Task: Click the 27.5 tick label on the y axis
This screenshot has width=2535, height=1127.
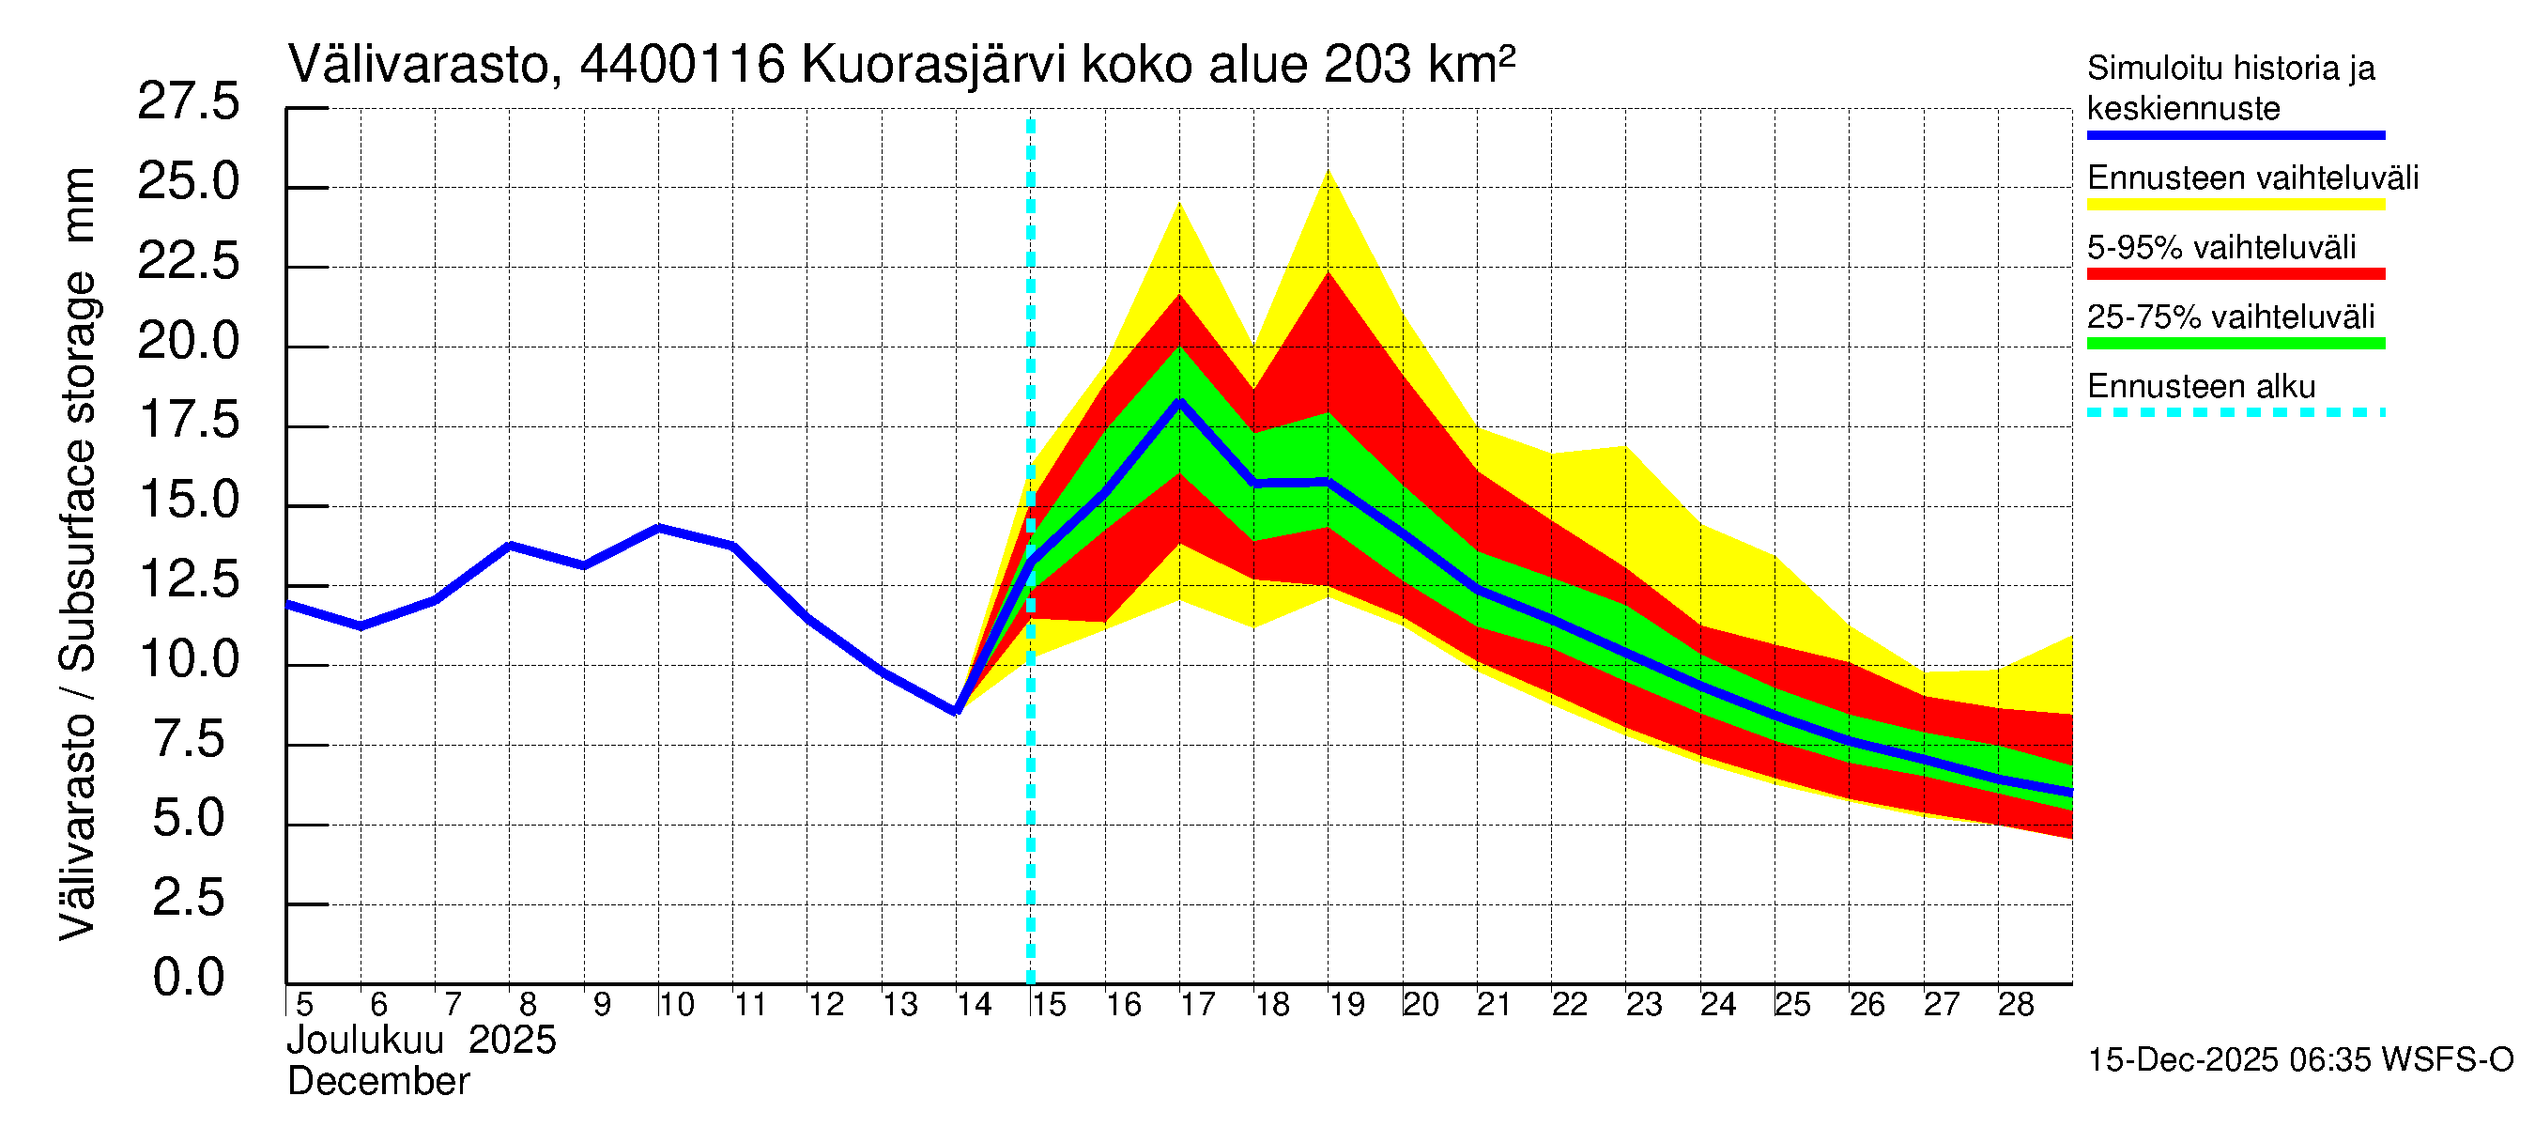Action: [188, 101]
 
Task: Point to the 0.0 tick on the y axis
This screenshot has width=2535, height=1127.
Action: [188, 978]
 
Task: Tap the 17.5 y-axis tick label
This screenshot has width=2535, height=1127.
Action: [188, 421]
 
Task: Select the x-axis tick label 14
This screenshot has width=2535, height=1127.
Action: [974, 1005]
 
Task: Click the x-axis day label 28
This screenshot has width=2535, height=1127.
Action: [2016, 1005]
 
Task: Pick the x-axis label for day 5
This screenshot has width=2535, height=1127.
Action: [304, 1005]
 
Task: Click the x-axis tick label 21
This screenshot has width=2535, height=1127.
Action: [1494, 1005]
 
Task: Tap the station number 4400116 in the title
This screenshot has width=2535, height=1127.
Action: [682, 65]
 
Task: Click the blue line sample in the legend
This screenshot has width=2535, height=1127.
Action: [2235, 135]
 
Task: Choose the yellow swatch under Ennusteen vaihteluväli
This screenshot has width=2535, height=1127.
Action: [2235, 205]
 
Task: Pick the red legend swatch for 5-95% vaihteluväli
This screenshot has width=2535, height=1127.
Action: [2235, 273]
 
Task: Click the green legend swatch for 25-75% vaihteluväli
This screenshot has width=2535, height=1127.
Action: [2235, 344]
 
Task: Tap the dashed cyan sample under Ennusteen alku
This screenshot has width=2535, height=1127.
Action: [2235, 412]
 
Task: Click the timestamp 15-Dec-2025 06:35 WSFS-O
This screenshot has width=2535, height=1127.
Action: [2299, 1060]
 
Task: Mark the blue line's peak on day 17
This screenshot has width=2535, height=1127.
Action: [1179, 402]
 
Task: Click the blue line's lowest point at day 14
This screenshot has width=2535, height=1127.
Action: [956, 711]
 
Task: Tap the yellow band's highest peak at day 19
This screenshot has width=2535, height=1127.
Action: [1329, 172]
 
